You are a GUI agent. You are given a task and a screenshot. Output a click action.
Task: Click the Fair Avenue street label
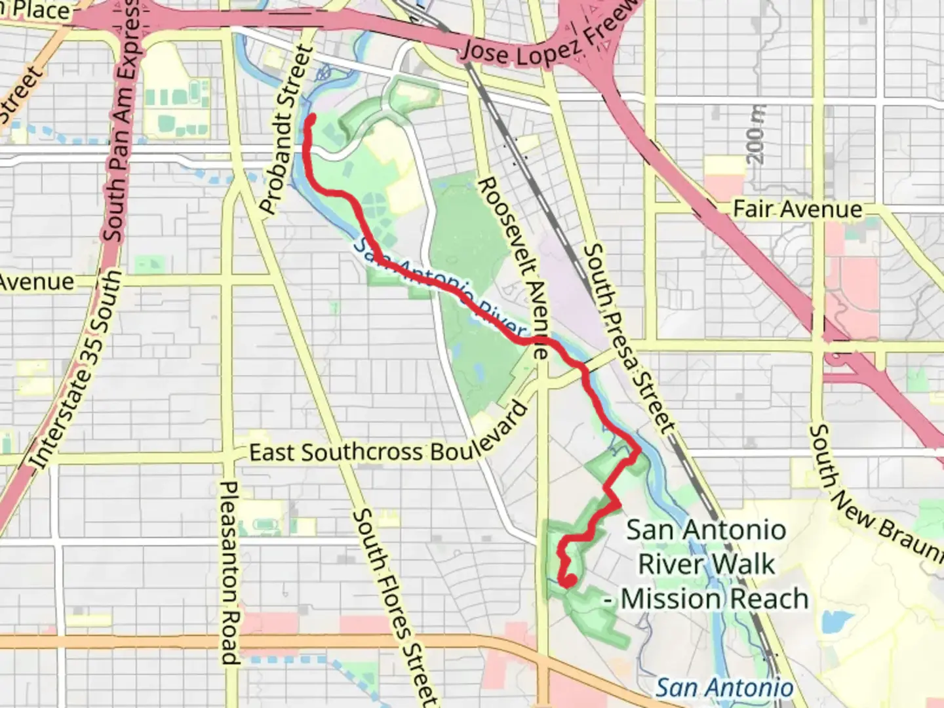797,210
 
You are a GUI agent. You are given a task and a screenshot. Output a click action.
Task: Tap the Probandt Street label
285,130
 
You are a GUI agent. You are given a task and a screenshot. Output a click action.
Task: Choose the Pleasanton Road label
229,573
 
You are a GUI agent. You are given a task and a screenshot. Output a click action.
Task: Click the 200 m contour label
757,134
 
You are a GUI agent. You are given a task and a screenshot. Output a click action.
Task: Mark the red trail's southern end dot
569,580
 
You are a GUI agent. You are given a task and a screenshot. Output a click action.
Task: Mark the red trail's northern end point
311,119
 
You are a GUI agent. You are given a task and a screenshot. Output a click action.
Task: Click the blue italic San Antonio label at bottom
724,688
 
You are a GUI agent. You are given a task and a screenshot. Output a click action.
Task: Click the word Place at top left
39,10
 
